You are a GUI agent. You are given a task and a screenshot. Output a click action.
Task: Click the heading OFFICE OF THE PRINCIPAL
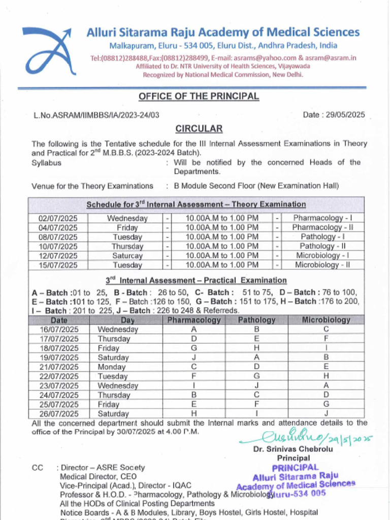(x=199, y=96)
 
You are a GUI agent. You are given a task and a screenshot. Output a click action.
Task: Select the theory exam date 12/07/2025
(x=58, y=256)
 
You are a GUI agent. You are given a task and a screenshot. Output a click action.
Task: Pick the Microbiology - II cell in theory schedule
(x=322, y=265)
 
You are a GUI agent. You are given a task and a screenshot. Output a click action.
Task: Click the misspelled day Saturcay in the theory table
(x=127, y=256)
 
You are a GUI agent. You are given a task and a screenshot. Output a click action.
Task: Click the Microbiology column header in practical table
(x=326, y=320)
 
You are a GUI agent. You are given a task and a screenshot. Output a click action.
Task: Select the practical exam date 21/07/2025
(x=59, y=367)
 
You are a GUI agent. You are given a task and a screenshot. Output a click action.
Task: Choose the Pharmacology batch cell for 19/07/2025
(x=194, y=357)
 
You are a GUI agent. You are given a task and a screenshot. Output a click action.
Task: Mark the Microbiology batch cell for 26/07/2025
(x=326, y=413)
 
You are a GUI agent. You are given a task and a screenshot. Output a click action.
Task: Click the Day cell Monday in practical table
(x=112, y=367)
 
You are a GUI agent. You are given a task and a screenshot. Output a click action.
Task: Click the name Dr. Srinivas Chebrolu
(x=293, y=449)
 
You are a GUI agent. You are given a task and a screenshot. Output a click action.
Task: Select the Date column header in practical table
(x=59, y=320)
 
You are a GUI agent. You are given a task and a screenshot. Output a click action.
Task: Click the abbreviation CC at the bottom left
(x=37, y=468)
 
